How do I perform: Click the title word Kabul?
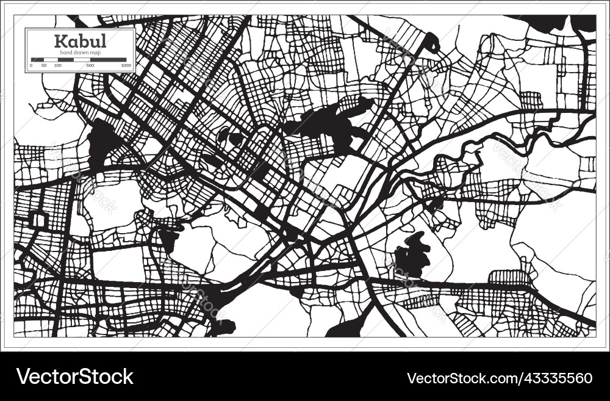coord(80,42)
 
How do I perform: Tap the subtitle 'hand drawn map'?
coord(80,53)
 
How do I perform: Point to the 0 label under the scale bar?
coord(31,65)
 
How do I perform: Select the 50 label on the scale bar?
coord(44,65)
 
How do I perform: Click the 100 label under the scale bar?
coord(57,65)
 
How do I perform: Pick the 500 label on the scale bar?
coord(90,65)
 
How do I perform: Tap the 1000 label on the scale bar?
coord(126,65)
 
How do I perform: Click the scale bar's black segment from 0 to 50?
coord(37,60)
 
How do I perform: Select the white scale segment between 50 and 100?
coord(51,60)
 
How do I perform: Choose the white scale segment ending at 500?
coord(74,60)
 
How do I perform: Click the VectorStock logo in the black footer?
coord(75,377)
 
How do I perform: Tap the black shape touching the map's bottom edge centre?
coord(345,328)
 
